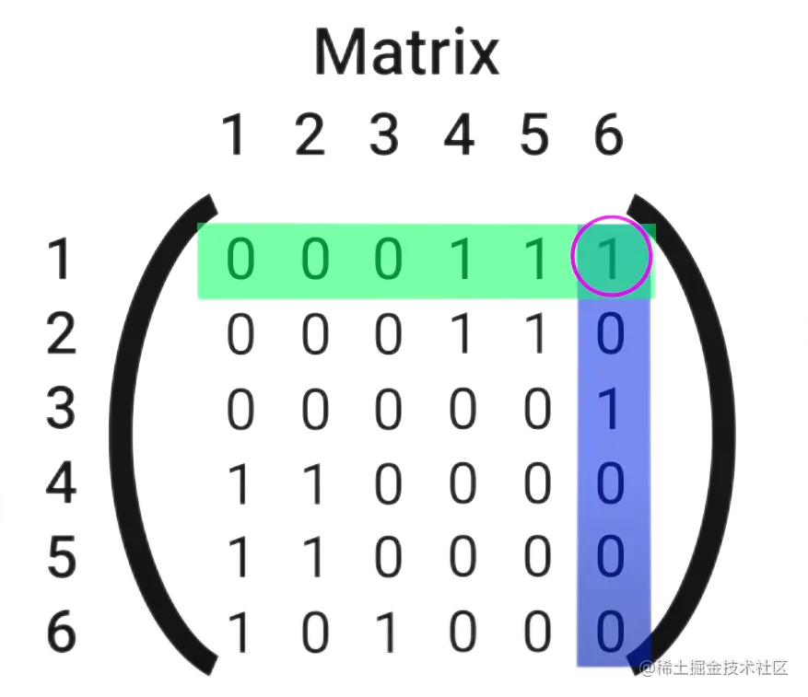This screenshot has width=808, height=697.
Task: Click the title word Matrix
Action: tap(406, 52)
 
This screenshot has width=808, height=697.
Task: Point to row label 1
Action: tap(61, 261)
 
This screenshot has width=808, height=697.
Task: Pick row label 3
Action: tap(61, 409)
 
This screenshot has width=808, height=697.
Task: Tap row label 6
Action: tap(61, 633)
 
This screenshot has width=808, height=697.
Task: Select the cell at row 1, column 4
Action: tap(461, 261)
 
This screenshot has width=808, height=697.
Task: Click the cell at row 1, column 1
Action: tap(239, 261)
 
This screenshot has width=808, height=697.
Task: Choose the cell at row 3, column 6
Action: tap(611, 410)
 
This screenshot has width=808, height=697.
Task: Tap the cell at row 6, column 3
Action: tap(388, 633)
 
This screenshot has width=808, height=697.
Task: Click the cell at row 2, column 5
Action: tap(535, 335)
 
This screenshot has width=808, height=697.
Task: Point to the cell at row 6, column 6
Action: tap(611, 633)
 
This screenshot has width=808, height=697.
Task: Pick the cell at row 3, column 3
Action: tap(388, 410)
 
